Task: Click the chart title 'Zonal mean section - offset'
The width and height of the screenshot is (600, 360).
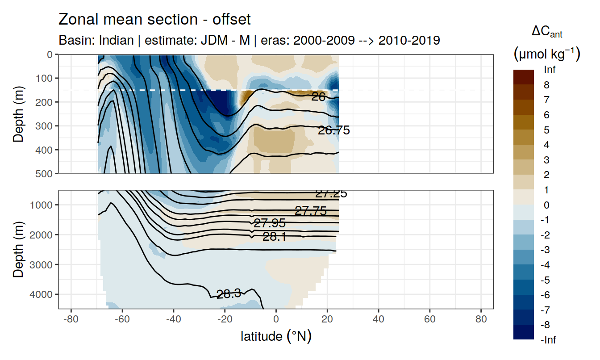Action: (x=154, y=20)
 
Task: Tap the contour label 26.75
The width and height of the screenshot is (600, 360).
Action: (x=333, y=130)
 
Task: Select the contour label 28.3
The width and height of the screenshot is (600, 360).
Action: (x=229, y=294)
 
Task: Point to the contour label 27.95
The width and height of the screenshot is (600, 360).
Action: (x=269, y=223)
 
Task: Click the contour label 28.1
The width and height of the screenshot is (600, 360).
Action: (x=274, y=237)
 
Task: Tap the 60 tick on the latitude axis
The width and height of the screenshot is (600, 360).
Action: (x=429, y=320)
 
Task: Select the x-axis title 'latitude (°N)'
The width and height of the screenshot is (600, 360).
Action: (x=276, y=336)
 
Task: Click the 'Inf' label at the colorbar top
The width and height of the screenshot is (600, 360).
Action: (x=550, y=70)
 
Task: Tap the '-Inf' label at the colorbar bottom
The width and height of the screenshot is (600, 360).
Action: (x=549, y=340)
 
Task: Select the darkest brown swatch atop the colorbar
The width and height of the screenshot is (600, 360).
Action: (x=523, y=77)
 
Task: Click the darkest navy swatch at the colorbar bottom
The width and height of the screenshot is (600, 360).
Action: (x=523, y=332)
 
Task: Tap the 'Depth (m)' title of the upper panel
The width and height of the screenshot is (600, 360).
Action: (x=19, y=114)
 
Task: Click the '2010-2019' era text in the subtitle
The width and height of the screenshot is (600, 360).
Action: (x=409, y=40)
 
